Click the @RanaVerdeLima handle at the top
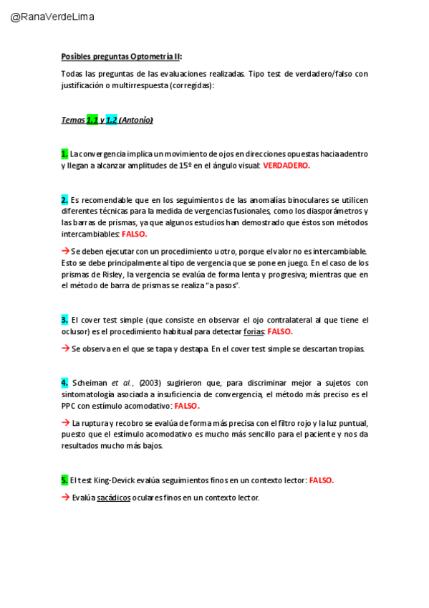coord(52,16)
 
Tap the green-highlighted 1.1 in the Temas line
coord(92,120)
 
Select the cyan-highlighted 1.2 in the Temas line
coord(111,120)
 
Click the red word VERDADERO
coord(286,165)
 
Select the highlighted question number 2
coord(64,199)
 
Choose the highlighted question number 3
coord(64,320)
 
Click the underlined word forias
coord(254,331)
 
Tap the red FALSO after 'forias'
coord(280,331)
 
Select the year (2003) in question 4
coord(151,382)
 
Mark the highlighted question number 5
coord(64,480)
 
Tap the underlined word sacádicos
coord(111,497)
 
